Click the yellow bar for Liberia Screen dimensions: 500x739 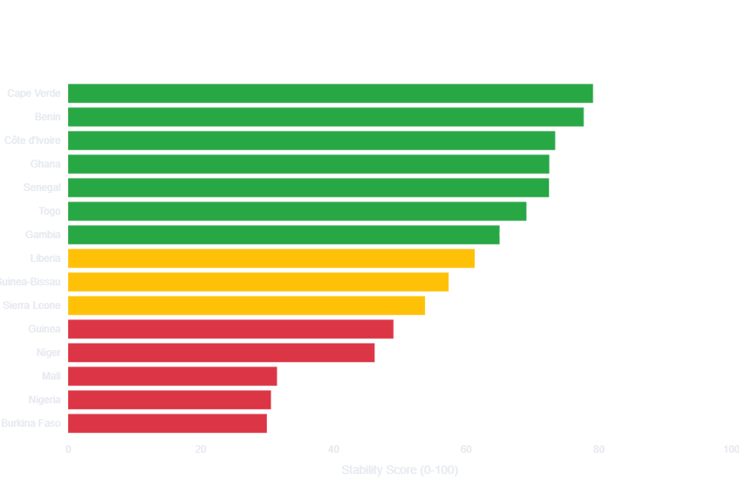270,258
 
